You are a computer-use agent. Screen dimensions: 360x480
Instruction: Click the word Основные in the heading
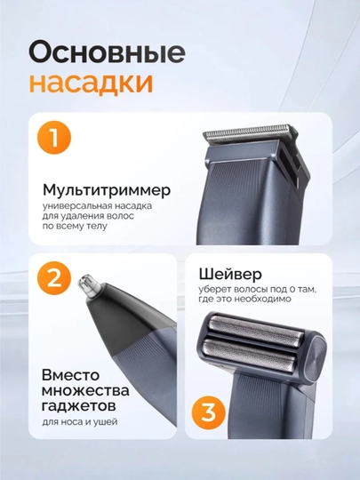pos(107,52)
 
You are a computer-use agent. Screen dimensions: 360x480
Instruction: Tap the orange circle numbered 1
pos(54,138)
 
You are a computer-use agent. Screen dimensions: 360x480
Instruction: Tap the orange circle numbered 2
pos(54,278)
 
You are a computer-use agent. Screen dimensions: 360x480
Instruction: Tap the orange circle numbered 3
pos(209,412)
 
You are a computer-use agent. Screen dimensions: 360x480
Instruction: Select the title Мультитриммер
pos(107,190)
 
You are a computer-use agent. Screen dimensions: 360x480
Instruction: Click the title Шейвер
pos(230,274)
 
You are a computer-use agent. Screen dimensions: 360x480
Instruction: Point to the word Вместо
pos(71,375)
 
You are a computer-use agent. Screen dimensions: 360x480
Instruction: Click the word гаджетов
pos(79,406)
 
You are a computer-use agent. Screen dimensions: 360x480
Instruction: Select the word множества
pos(85,390)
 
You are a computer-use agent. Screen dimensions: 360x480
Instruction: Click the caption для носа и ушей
pos(80,422)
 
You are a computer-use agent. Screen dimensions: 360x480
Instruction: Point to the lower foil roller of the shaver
pos(250,354)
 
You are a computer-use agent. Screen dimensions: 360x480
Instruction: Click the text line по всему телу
pos(75,227)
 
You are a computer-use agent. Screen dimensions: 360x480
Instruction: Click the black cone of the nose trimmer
pos(123,318)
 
